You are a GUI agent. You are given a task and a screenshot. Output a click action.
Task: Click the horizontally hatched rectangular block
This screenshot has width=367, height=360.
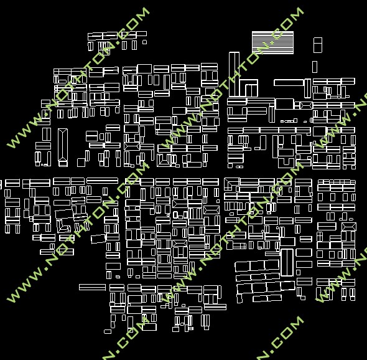click(x=272, y=42)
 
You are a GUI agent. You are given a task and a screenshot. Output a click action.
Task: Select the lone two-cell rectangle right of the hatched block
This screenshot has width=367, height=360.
click(x=318, y=45)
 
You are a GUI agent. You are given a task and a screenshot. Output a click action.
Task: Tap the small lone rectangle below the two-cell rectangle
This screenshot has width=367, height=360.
click(x=315, y=67)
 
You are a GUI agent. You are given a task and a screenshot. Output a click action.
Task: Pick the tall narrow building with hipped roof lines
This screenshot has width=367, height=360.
click(x=63, y=148)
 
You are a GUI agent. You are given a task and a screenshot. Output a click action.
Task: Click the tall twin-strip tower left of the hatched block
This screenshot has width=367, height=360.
click(x=234, y=74)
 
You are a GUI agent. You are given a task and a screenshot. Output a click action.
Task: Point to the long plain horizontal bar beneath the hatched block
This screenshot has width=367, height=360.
click(x=289, y=82)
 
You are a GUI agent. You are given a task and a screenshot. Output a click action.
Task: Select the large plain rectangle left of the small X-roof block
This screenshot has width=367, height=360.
click(x=284, y=104)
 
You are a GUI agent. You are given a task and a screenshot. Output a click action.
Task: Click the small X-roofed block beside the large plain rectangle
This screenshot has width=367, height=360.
click(x=306, y=105)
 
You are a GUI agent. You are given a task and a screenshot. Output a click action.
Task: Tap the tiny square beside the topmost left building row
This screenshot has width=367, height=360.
click(x=145, y=42)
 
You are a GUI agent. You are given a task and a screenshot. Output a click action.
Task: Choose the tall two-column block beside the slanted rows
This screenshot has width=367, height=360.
click(x=287, y=262)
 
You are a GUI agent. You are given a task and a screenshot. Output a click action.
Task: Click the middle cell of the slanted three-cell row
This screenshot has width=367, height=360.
click(x=258, y=265)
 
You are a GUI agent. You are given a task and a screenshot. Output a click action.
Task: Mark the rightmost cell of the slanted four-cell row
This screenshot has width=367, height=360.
click(x=287, y=286)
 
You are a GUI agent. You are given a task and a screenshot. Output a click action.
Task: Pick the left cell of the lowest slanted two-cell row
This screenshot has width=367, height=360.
click(x=260, y=298)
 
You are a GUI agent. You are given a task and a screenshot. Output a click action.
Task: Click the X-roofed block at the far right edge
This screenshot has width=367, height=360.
click(x=349, y=227)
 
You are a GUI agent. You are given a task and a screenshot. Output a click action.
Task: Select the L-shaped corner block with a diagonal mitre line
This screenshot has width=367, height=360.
click(x=231, y=184)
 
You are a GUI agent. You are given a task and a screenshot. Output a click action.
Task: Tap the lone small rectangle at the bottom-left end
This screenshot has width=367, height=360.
click(x=108, y=331)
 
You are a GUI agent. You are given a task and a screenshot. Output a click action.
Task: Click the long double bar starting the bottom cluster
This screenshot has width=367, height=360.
click(x=92, y=287)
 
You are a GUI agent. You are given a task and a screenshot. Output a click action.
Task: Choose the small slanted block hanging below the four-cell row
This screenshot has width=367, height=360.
click(x=239, y=298)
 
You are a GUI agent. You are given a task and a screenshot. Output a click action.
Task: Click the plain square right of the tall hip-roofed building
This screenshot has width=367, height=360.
click(x=81, y=163)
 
